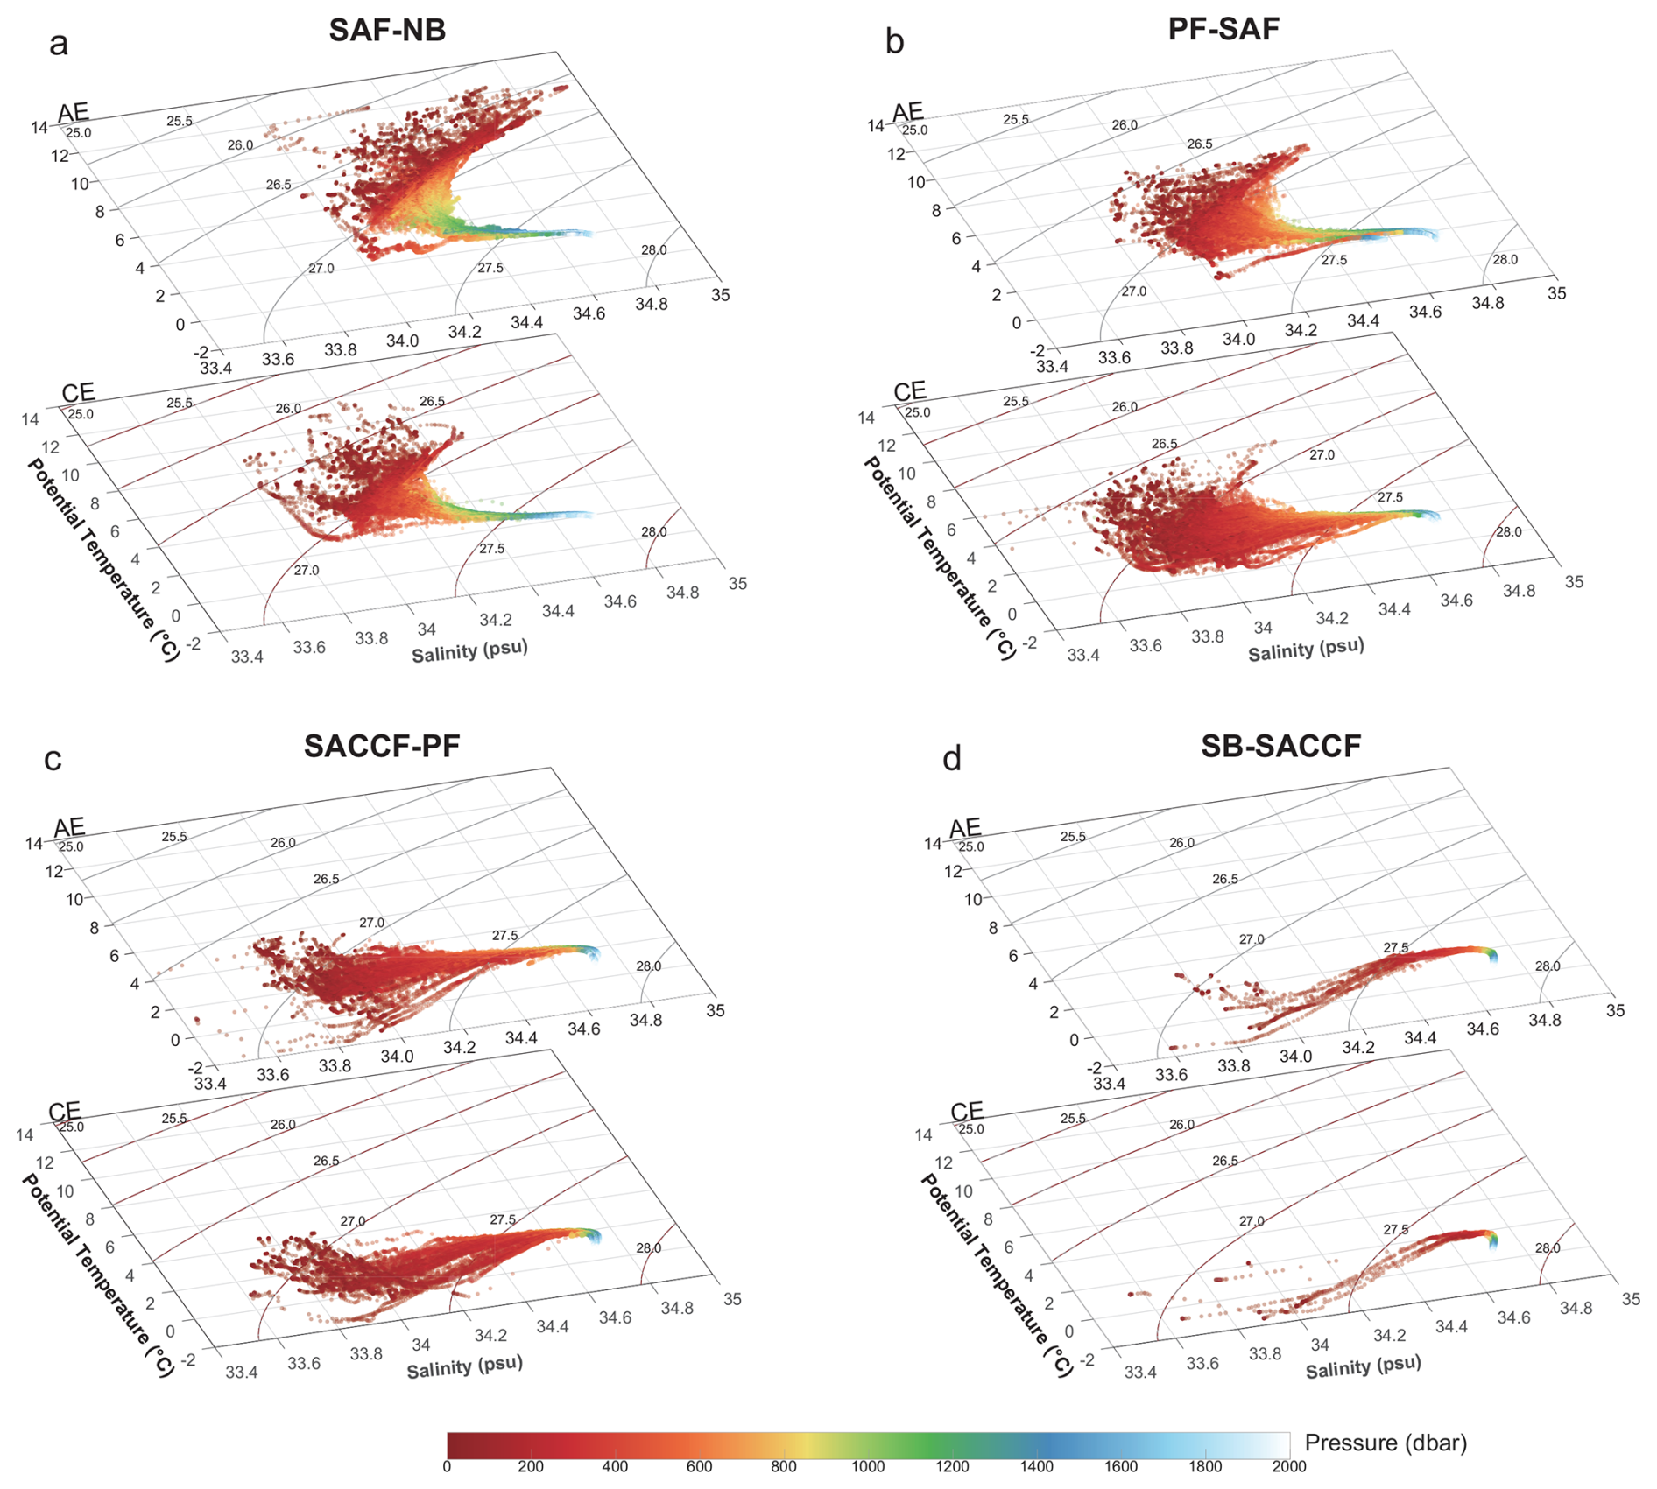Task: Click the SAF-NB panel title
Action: tap(387, 30)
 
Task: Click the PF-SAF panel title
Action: tap(1223, 29)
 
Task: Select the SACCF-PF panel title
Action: tap(382, 746)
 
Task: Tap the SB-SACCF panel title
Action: tap(1280, 746)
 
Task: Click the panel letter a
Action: tap(59, 43)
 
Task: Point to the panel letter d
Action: tap(952, 758)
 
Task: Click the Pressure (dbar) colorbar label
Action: tap(1386, 1443)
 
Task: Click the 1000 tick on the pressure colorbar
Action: tap(868, 1467)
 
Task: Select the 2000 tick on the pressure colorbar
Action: tap(1288, 1467)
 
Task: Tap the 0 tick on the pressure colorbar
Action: tap(447, 1467)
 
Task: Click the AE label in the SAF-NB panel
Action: tap(74, 112)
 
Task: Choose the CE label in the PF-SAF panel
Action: tap(910, 391)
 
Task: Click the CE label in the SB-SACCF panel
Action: tap(967, 1111)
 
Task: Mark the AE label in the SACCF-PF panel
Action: tap(70, 827)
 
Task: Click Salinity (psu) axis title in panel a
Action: tap(470, 650)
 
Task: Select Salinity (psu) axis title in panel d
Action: tap(1363, 1367)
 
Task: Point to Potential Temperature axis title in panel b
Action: tap(939, 558)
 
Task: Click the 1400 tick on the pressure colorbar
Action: tap(1036, 1467)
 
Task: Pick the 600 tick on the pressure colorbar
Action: tap(699, 1467)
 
